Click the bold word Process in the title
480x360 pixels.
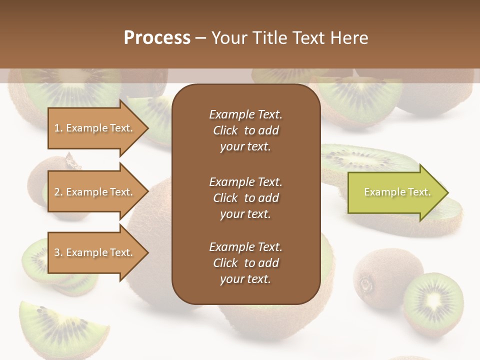point(157,38)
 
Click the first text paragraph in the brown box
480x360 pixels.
point(245,130)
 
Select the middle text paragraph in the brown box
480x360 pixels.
point(245,197)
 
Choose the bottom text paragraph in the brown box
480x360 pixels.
point(245,263)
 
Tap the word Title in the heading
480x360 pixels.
point(269,38)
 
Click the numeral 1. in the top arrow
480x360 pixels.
point(58,128)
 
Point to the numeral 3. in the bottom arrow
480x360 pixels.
point(58,252)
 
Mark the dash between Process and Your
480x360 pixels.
point(200,38)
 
